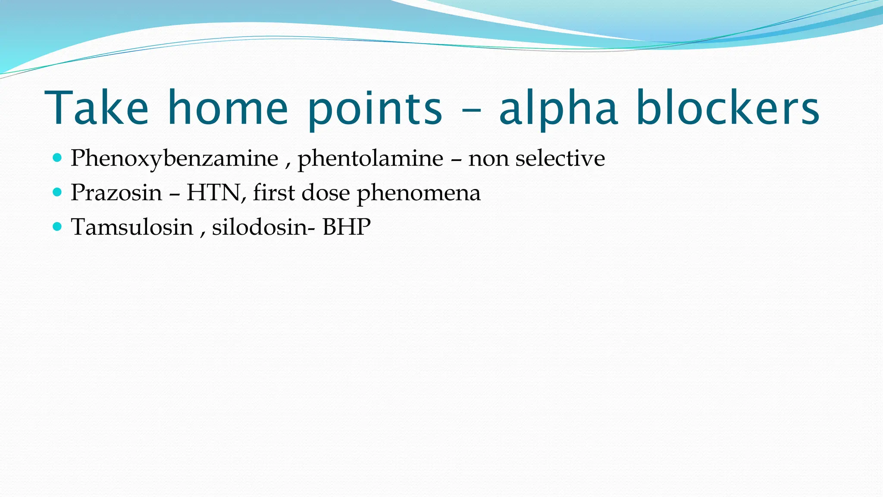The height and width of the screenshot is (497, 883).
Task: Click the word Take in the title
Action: [x=97, y=107]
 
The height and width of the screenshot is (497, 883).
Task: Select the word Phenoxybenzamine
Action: [x=174, y=159]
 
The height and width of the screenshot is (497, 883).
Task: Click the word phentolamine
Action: [x=370, y=159]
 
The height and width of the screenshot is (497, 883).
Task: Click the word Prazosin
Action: [x=116, y=192]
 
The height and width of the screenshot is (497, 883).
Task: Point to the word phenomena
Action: [x=418, y=193]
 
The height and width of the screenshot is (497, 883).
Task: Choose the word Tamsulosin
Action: [x=132, y=227]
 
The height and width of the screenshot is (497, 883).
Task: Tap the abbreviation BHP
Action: [x=347, y=227]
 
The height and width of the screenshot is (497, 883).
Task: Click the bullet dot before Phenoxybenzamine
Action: [x=57, y=157]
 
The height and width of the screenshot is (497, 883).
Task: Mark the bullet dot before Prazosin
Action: [x=57, y=192]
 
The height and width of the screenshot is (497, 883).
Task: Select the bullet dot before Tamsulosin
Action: [x=57, y=226]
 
